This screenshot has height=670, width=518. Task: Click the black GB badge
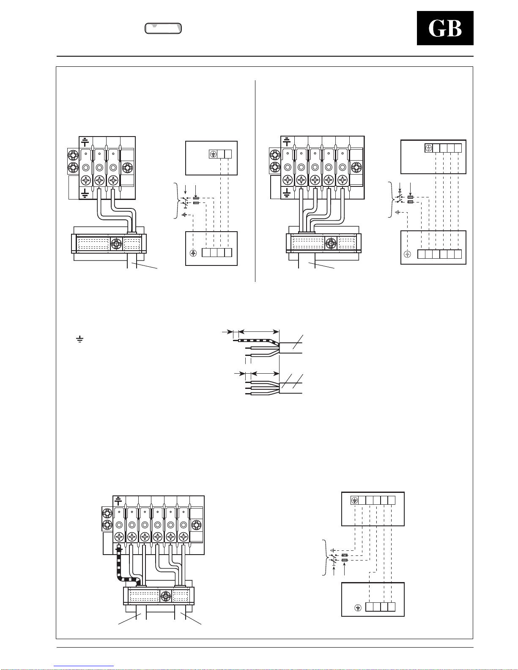(445, 28)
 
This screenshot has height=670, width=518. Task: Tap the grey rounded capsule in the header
(163, 28)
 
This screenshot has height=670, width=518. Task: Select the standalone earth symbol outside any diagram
(79, 339)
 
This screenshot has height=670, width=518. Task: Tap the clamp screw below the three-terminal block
(116, 244)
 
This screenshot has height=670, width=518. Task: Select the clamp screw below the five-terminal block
(331, 243)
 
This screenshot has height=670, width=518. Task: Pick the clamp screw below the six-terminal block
(166, 596)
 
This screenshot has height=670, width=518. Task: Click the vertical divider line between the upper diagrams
(255, 181)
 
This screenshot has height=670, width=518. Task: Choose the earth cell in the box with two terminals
(213, 154)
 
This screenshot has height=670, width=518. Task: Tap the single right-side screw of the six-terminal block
(196, 525)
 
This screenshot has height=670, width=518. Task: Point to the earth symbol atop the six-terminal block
(118, 501)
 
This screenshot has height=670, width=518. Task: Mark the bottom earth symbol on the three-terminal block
(85, 193)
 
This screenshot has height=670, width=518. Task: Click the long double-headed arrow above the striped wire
(259, 332)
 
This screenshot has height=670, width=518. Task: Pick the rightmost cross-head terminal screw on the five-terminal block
(342, 180)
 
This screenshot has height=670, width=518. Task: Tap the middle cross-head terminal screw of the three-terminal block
(99, 180)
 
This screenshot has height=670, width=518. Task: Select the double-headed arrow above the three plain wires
(265, 373)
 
